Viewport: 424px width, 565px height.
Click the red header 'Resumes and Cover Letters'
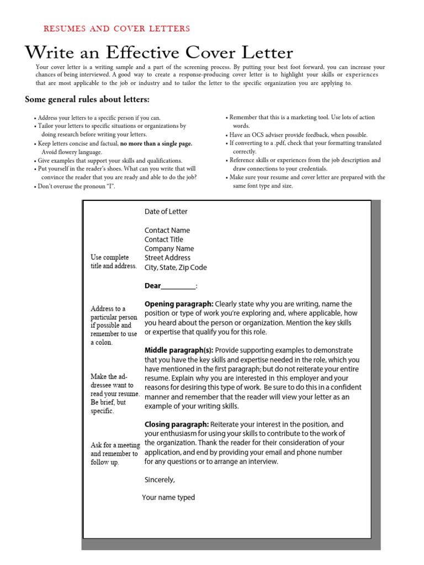coord(116,29)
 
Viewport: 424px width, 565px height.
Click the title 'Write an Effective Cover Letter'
coord(159,53)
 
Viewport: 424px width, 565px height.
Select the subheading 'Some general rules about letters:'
coord(87,99)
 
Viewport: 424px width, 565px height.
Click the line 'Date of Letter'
coord(166,211)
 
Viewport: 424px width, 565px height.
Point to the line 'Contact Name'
coord(167,230)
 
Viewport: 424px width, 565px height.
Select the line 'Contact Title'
coord(163,239)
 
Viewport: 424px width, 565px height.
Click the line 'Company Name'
coord(169,249)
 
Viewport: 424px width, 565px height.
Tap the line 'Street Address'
coord(167,258)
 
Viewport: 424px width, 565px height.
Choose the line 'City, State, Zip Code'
coord(176,268)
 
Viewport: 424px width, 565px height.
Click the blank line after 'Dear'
coord(178,286)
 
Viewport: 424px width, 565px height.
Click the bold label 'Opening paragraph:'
coord(178,304)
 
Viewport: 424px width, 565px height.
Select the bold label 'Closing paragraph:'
coord(176,424)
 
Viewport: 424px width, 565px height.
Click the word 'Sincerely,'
coord(160,480)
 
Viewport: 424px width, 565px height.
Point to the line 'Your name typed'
coord(168,498)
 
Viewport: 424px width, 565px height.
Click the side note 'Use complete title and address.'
coord(113,262)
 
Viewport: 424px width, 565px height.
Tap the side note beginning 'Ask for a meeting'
coord(114,454)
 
